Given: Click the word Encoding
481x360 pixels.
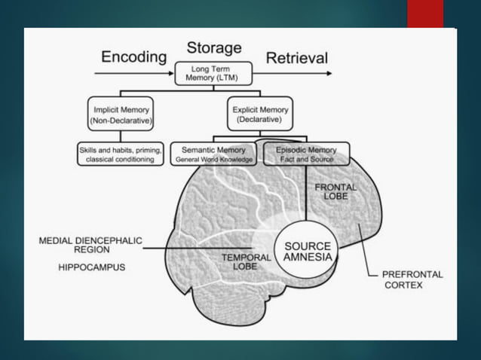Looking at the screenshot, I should tap(133, 57).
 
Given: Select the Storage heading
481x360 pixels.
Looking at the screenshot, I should tap(214, 47).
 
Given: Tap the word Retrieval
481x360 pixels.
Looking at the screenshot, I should tap(297, 58).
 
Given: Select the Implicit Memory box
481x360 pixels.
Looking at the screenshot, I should tap(121, 114).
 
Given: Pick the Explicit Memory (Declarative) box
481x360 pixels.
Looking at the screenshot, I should tap(259, 114).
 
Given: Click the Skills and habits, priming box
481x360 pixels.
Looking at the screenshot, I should tap(120, 154).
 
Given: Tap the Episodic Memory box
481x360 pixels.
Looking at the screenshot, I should tap(306, 154).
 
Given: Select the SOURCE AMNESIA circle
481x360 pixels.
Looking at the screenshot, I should tap(306, 252).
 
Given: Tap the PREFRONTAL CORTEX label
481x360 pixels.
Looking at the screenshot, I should tap(412, 280).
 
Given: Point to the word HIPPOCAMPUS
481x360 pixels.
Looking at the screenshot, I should tap(92, 267).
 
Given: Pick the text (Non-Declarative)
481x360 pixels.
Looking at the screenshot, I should tap(121, 120).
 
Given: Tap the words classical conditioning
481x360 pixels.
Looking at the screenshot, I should tap(120, 160).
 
